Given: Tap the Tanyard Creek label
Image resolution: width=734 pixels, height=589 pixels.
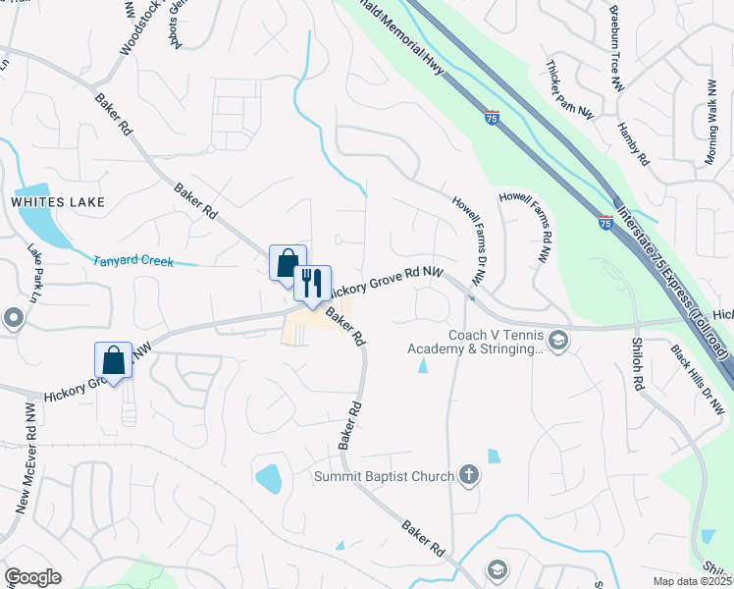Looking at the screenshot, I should (133, 262).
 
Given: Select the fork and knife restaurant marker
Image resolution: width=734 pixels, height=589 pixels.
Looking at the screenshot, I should (312, 284).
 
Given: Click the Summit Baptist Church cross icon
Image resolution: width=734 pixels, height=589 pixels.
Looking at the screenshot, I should (469, 476).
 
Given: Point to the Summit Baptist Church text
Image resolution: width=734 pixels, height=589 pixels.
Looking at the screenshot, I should (384, 477).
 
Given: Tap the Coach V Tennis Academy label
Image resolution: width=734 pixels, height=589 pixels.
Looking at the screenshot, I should (495, 342).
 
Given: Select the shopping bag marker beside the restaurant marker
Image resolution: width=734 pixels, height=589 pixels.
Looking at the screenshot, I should (288, 263).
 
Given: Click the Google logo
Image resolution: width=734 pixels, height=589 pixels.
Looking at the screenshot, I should (32, 577).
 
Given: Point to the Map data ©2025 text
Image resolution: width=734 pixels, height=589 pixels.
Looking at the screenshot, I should (693, 581).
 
